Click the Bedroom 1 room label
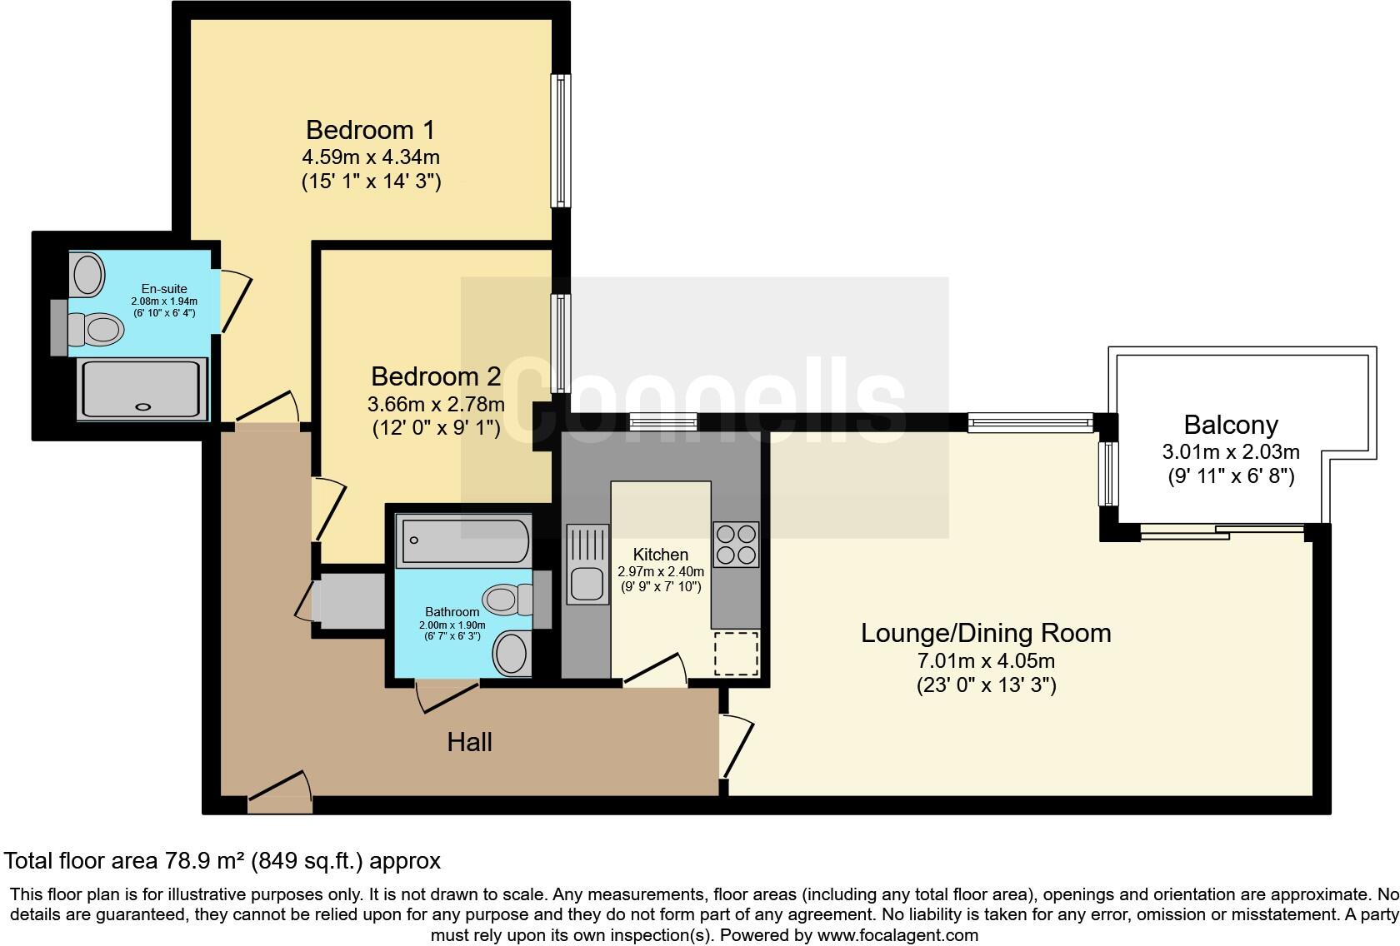tap(370, 130)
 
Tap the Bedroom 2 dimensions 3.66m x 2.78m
tap(436, 405)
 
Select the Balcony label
tap(1230, 425)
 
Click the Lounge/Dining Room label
tap(985, 633)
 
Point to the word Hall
tap(469, 742)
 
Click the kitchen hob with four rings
tap(736, 544)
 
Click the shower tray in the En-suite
tap(142, 388)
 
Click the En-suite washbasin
tap(87, 274)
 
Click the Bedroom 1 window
tap(562, 141)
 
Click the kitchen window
tap(663, 422)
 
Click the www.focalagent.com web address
tap(897, 935)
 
